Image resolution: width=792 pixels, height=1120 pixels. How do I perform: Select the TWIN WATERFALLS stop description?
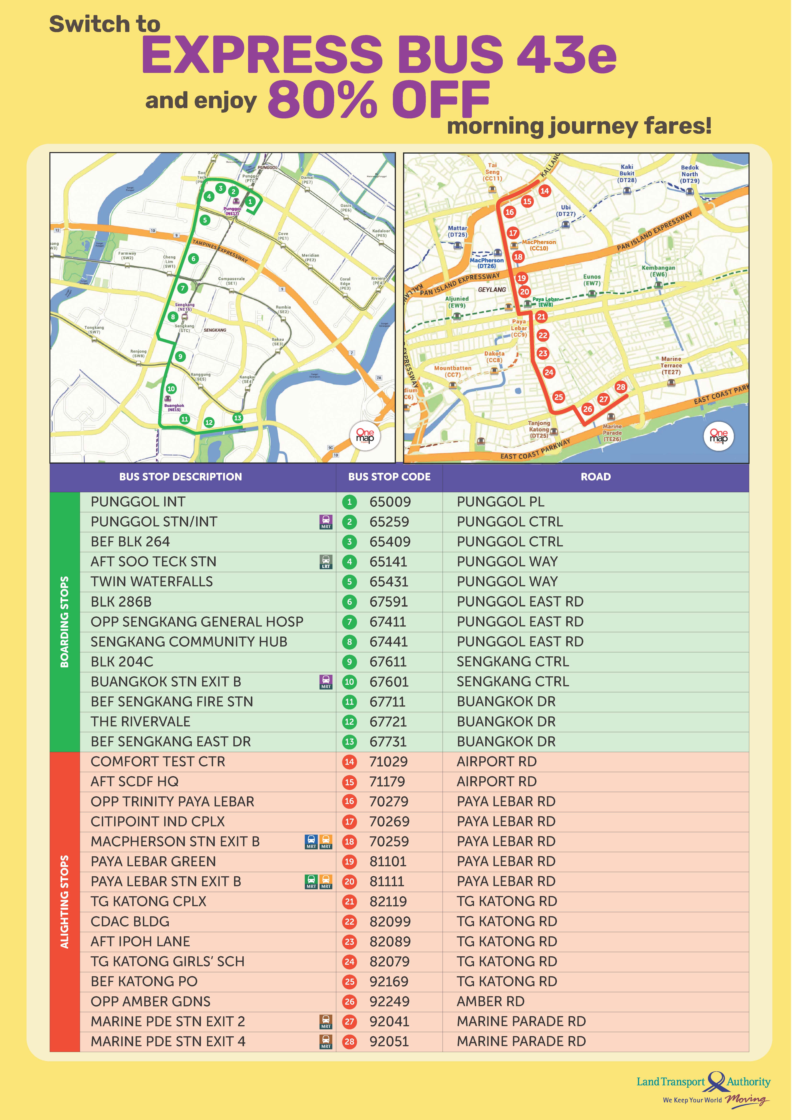pyautogui.click(x=152, y=582)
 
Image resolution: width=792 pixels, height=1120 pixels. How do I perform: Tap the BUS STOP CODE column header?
pyautogui.click(x=389, y=477)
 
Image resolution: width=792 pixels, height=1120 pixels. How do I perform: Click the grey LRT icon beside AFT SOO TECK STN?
pyautogui.click(x=326, y=562)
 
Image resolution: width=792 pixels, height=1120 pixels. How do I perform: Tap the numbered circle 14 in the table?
pyautogui.click(x=349, y=762)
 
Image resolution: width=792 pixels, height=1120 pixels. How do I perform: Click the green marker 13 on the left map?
pyautogui.click(x=237, y=418)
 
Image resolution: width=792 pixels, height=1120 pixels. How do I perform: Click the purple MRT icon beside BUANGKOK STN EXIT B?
pyautogui.click(x=326, y=682)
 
